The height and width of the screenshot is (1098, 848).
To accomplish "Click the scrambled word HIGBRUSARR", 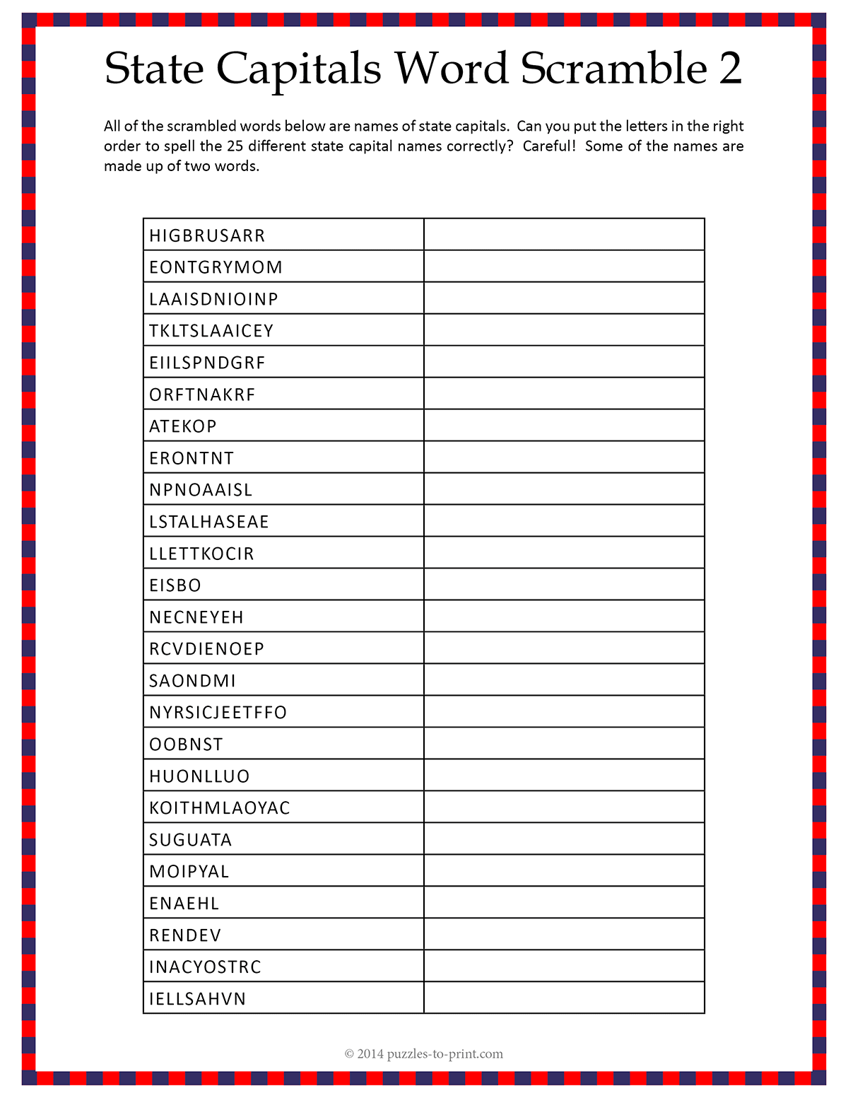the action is click(x=207, y=235).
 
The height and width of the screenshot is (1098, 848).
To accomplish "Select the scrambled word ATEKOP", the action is click(x=183, y=426).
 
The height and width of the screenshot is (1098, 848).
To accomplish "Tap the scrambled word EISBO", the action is click(x=175, y=585).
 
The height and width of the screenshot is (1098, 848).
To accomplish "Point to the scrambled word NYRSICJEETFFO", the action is click(x=218, y=713).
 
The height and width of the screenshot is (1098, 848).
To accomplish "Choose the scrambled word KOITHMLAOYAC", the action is click(x=220, y=808).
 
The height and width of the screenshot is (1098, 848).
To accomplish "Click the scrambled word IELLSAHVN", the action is click(x=198, y=999).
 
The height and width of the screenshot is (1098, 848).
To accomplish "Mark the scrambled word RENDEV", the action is click(x=185, y=935).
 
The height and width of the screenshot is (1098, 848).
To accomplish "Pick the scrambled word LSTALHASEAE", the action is click(x=209, y=522).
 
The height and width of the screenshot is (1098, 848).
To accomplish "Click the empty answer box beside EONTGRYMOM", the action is click(x=564, y=267).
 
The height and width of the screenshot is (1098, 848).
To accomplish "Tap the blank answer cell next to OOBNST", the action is click(x=564, y=744).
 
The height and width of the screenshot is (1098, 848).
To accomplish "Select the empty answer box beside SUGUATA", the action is click(x=564, y=839).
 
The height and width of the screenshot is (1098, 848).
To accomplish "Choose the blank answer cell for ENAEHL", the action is click(x=564, y=903).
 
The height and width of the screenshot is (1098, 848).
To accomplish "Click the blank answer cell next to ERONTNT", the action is click(x=564, y=457).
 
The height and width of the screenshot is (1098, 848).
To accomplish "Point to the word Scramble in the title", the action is click(x=614, y=69).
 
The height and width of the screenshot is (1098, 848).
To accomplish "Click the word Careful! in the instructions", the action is click(x=549, y=146).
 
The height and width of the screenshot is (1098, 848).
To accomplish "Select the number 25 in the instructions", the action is click(x=235, y=146).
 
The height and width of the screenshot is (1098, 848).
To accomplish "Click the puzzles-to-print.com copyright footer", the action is click(x=424, y=1054).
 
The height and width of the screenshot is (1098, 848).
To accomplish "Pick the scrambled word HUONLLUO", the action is click(x=199, y=776).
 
